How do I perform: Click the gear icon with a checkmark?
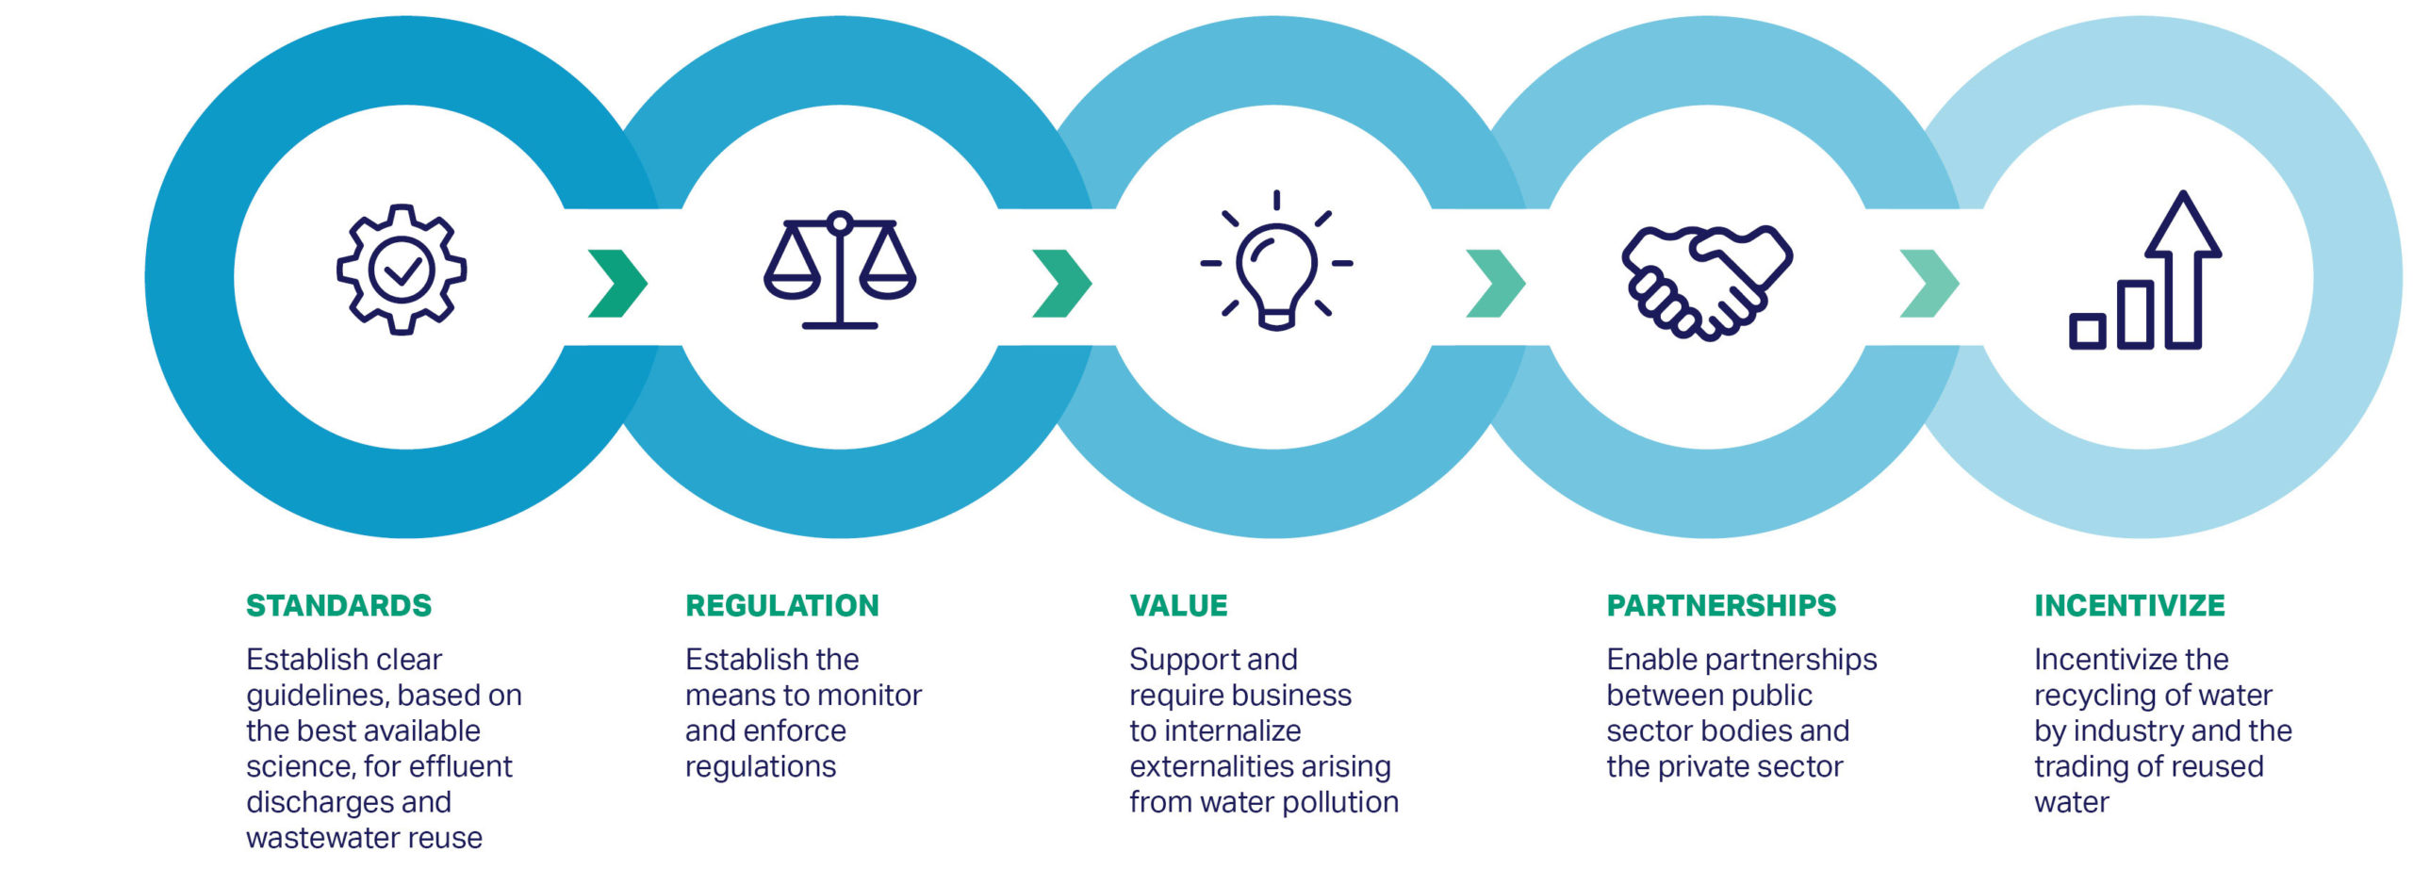point(402,270)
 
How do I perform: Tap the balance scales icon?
point(839,270)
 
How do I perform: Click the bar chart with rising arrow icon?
point(2145,273)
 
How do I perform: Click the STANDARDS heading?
point(338,605)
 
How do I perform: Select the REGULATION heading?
point(781,605)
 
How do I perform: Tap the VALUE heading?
point(1178,605)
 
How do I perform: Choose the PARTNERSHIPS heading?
point(1721,605)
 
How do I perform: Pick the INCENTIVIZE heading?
point(2129,605)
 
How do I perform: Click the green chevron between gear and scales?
point(617,283)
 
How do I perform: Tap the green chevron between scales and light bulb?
point(1061,283)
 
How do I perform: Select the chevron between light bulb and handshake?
point(1496,283)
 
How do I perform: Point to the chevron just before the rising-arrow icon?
point(1929,283)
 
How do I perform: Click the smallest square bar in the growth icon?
point(2087,331)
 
